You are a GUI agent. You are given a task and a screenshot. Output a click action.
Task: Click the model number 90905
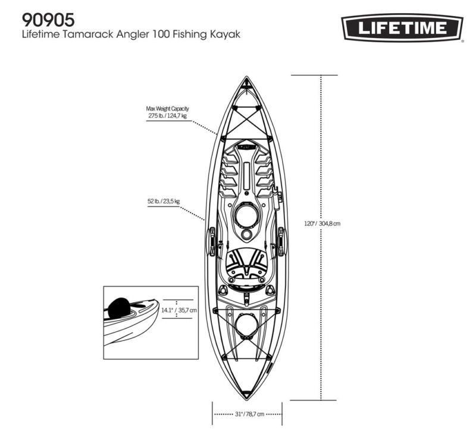48,20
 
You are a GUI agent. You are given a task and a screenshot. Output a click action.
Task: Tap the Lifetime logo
402,28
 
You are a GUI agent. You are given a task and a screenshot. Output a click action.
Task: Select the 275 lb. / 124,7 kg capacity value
168,115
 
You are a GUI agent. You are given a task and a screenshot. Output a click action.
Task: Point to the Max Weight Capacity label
168,108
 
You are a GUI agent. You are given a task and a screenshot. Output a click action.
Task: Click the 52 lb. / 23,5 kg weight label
164,201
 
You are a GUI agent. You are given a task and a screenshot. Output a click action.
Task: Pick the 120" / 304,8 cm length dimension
322,223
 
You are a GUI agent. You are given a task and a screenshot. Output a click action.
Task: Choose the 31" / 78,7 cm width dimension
249,414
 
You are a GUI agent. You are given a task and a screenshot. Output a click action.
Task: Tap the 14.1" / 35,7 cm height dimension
179,310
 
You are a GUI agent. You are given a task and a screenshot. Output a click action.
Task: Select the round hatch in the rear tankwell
246,326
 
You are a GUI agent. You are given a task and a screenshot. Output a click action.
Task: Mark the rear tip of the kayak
246,400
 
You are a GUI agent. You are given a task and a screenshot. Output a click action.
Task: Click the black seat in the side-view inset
119,308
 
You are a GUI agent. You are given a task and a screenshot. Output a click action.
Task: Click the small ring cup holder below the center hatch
246,234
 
